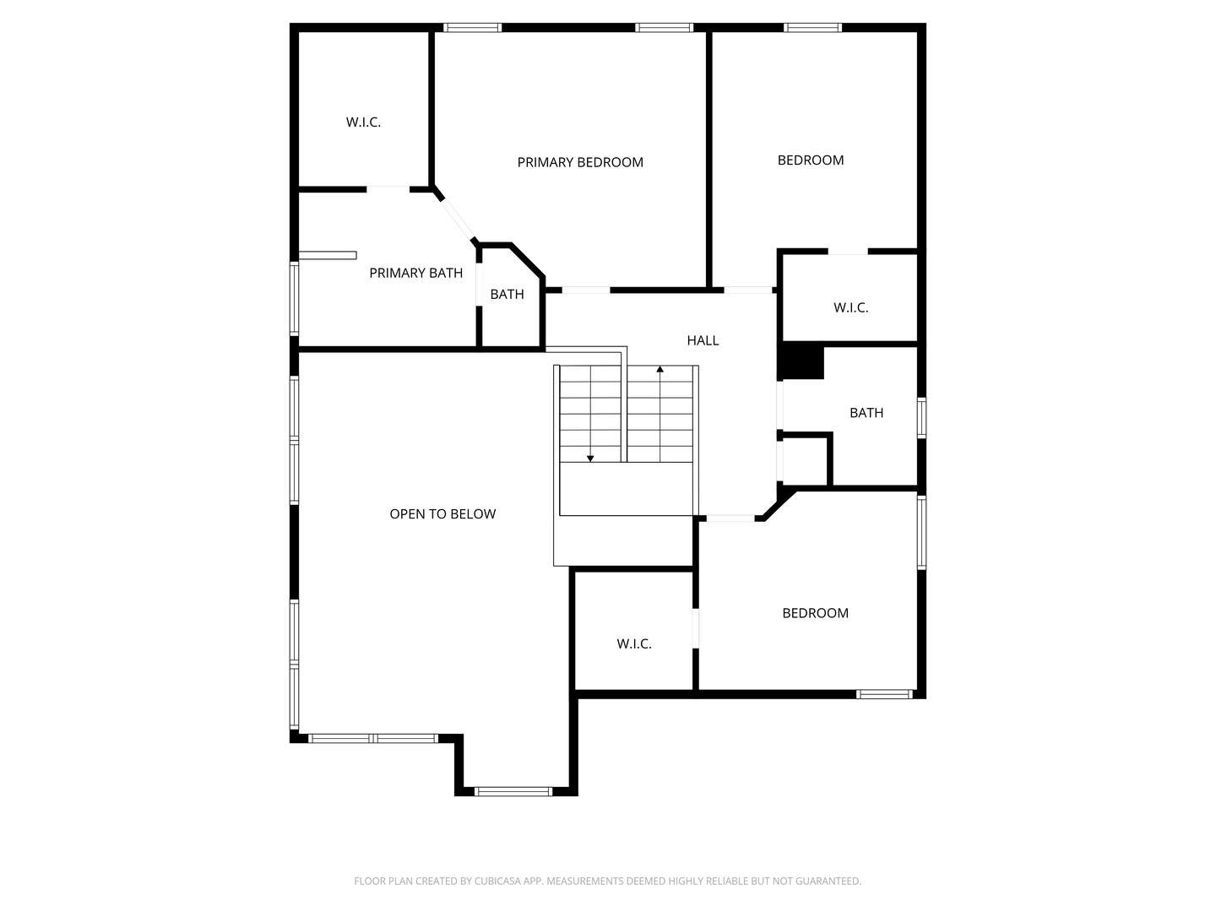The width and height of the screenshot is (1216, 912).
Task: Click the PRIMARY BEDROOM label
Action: point(580,162)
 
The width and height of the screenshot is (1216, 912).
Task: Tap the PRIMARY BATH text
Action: point(415,273)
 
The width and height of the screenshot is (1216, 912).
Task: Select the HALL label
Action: point(703,340)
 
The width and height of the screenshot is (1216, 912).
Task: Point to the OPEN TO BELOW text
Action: point(442,514)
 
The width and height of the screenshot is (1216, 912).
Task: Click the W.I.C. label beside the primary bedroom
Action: point(363,122)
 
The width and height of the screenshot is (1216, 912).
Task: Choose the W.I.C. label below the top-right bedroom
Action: point(850,307)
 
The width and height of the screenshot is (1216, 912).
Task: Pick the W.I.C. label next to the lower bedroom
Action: point(634,643)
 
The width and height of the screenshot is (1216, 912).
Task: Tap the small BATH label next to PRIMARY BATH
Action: point(507,294)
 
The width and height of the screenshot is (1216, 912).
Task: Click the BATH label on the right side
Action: point(866,413)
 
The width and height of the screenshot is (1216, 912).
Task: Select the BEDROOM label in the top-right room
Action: point(811,160)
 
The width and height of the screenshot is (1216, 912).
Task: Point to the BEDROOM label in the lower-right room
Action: point(815,613)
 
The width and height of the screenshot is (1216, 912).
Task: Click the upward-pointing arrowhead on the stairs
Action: point(660,369)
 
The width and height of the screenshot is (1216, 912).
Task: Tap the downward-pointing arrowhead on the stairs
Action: point(590,459)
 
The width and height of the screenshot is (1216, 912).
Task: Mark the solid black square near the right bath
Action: point(802,363)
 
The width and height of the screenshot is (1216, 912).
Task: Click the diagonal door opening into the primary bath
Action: point(457,219)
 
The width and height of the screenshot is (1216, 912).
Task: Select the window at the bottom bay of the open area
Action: point(513,791)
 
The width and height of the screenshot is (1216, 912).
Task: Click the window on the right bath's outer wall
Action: point(921,417)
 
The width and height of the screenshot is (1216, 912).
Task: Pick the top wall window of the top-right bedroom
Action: point(812,28)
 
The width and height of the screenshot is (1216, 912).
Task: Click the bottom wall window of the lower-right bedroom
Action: point(884,694)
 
